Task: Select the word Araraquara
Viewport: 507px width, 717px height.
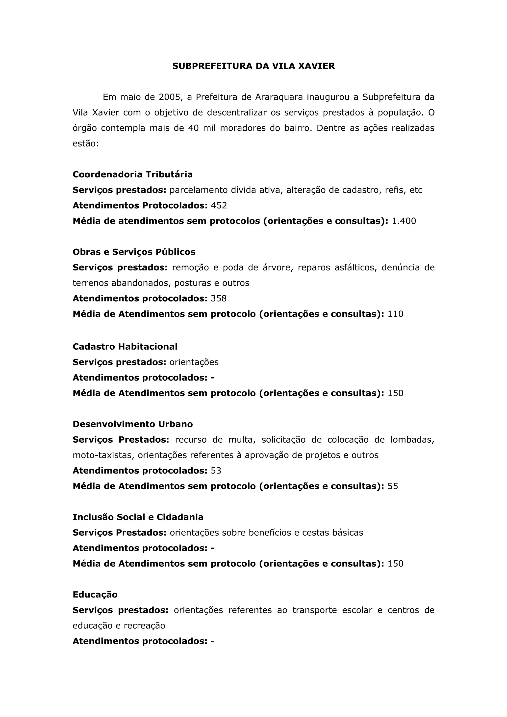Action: point(279,97)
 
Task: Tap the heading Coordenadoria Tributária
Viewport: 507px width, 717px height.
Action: point(132,174)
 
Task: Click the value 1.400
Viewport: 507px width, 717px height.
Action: point(404,221)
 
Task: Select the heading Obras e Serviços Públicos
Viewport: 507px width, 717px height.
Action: point(134,252)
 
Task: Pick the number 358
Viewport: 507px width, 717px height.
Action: point(218,299)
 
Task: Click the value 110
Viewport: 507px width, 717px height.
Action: point(395,314)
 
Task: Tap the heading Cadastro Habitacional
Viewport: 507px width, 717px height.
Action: point(125,347)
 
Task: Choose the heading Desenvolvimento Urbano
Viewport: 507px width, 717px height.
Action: point(133,424)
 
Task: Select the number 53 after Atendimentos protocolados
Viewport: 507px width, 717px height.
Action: point(216,471)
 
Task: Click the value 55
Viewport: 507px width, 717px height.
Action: point(393,486)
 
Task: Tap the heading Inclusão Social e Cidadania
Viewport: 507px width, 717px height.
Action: point(138,517)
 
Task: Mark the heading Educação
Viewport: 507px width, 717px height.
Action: point(95,595)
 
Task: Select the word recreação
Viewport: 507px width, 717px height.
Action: point(144,625)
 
